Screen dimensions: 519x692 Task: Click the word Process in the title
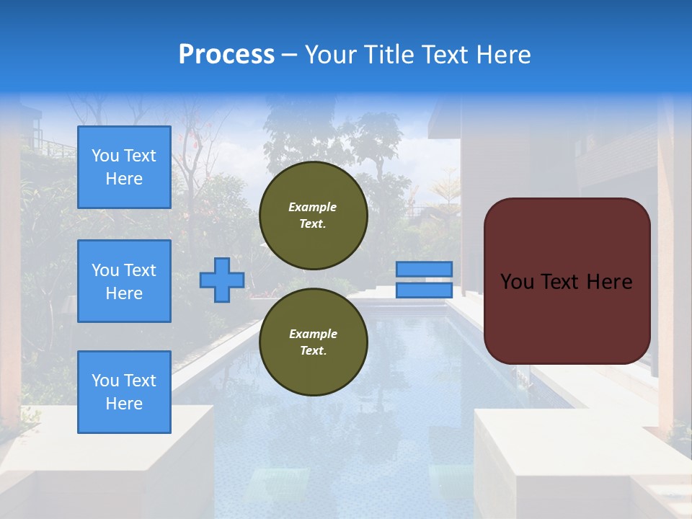226,55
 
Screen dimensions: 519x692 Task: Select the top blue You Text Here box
124,167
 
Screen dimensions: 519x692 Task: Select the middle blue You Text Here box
124,281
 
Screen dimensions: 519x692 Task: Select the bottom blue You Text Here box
124,392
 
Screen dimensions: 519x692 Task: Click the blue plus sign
222,280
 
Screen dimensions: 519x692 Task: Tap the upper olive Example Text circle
313,216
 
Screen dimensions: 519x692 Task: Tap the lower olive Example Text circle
313,342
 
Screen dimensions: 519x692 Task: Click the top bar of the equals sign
425,270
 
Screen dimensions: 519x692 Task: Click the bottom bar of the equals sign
425,290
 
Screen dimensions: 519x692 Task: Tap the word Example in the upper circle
313,207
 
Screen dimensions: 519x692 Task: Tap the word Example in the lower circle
313,334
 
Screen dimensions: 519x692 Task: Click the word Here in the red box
609,282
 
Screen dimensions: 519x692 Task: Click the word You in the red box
517,282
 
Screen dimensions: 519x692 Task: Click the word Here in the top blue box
124,179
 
